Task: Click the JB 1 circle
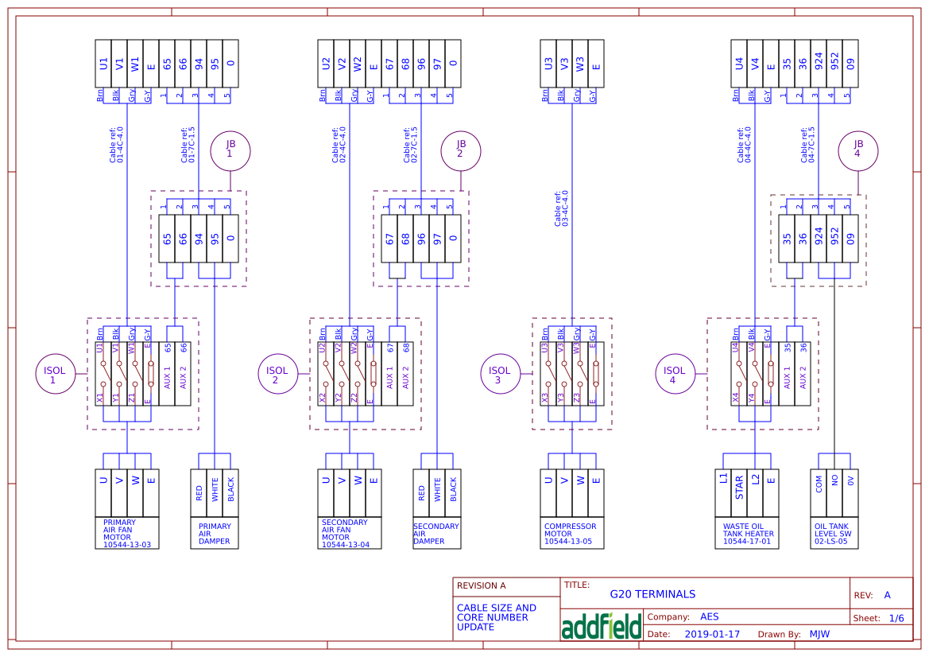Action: point(230,149)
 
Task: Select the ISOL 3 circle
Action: point(500,375)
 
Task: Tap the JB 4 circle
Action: point(857,149)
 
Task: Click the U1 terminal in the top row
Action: point(103,63)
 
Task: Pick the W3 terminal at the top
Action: point(580,63)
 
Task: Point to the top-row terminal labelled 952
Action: point(834,63)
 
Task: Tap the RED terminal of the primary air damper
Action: point(199,492)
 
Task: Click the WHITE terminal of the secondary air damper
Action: point(437,492)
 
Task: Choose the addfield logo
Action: point(601,626)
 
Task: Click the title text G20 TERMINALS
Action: point(652,594)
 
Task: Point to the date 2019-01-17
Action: point(712,635)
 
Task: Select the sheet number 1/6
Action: point(896,618)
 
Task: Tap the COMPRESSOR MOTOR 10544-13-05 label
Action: point(571,534)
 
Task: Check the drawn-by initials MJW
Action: point(819,635)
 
